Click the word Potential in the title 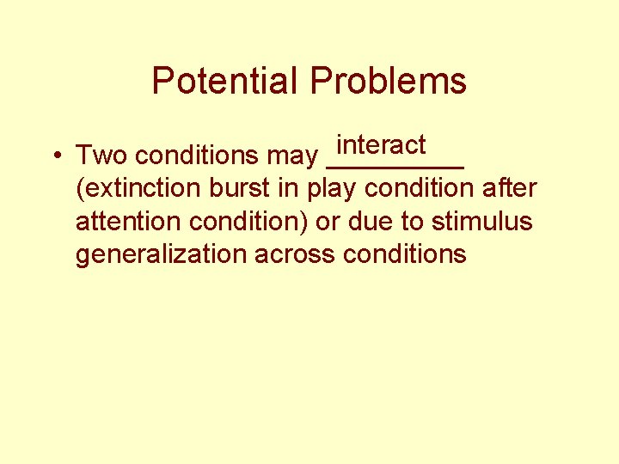(226, 81)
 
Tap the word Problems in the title (389, 81)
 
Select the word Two (102, 156)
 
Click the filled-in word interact (381, 143)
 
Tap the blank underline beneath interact (395, 166)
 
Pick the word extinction (139, 188)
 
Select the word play (334, 190)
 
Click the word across (290, 255)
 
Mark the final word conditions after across (404, 255)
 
